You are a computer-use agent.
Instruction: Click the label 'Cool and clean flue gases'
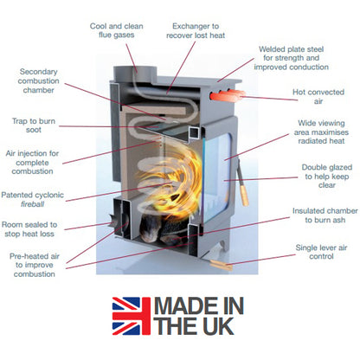click(x=117, y=30)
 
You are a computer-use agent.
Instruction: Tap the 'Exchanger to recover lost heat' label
click(x=196, y=31)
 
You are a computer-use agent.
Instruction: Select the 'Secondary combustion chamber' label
click(x=38, y=80)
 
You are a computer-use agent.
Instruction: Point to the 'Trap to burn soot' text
click(x=34, y=125)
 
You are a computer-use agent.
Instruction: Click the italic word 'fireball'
click(x=32, y=204)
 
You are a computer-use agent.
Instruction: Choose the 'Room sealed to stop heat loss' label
click(x=29, y=229)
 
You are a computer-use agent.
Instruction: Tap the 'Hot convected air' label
click(x=318, y=97)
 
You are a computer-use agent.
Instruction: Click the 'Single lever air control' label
click(x=321, y=252)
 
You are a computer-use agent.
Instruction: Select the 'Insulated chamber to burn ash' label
click(x=325, y=215)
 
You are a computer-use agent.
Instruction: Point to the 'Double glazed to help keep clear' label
click(x=327, y=176)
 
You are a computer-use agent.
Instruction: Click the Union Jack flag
click(x=132, y=316)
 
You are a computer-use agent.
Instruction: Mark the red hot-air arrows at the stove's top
click(x=228, y=95)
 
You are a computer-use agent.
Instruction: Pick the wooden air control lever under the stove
click(x=221, y=265)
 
